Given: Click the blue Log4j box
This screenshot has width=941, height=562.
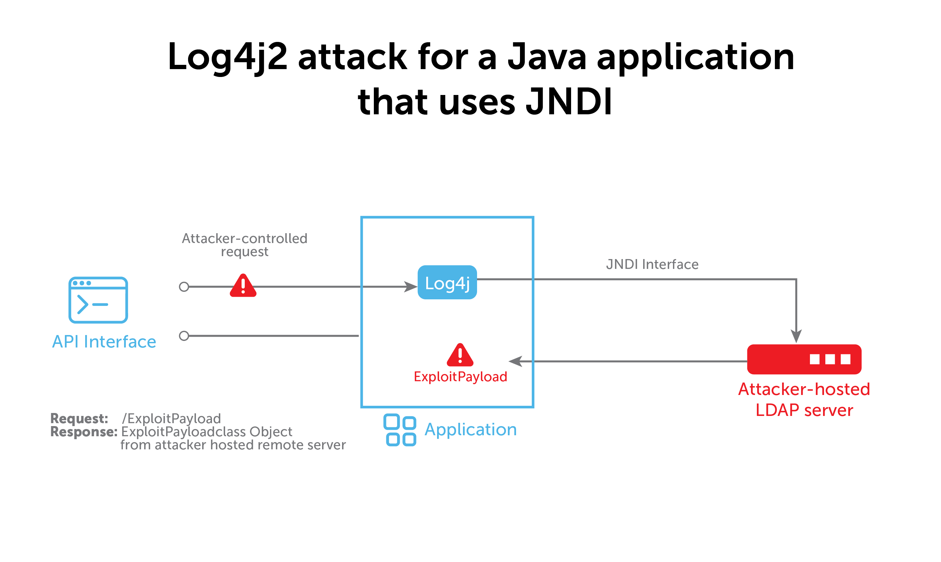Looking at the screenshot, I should coord(447,283).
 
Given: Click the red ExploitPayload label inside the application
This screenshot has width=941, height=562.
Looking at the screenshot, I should coord(460,377).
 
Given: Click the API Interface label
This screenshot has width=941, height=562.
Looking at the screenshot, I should coord(104,342).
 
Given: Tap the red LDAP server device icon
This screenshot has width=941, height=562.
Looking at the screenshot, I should coord(804,359).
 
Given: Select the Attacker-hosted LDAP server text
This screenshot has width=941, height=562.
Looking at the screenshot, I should coord(804,400).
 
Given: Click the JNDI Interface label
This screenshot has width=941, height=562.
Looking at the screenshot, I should coord(652,264).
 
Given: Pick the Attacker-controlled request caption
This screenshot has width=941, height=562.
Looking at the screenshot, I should coord(244,245).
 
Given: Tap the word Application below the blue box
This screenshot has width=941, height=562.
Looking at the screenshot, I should coord(470,429).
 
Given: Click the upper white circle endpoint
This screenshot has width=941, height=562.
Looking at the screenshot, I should coord(184,287).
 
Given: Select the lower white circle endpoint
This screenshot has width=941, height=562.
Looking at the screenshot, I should coord(184,336).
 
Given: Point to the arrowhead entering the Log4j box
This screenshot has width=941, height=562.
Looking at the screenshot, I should coord(410,287).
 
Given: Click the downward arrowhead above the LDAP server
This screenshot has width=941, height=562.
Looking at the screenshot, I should coord(796,336).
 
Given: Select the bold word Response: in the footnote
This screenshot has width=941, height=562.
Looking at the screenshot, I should coord(84,432).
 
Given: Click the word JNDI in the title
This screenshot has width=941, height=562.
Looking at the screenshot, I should coord(568,102).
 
